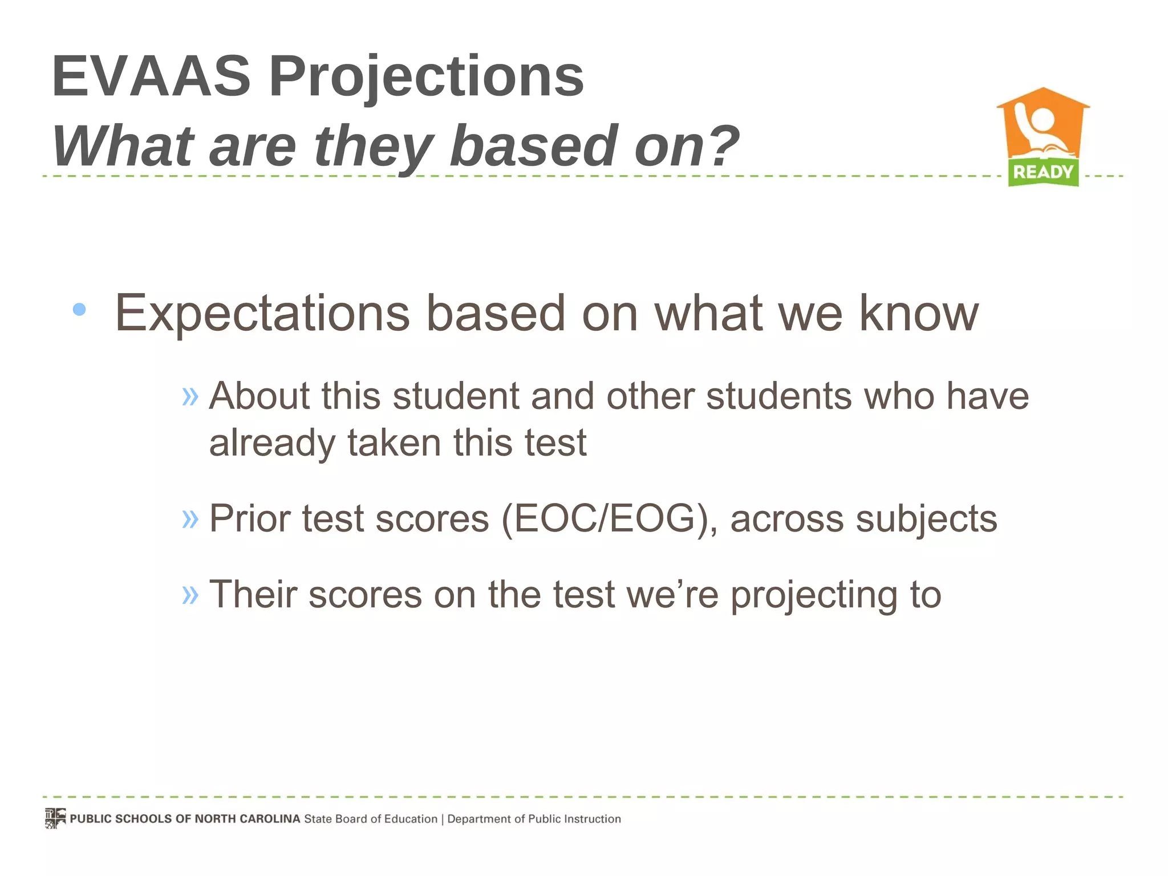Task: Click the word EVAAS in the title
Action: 151,76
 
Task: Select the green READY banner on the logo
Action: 1043,172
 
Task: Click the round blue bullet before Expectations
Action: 79,310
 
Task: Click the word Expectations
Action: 262,314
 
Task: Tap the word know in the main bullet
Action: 919,313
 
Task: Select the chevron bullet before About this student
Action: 190,396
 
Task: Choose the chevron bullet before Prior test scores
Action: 190,518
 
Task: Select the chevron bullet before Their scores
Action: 190,595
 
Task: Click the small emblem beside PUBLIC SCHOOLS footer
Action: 55,818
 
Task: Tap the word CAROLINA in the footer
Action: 270,819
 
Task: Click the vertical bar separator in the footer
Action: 443,820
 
